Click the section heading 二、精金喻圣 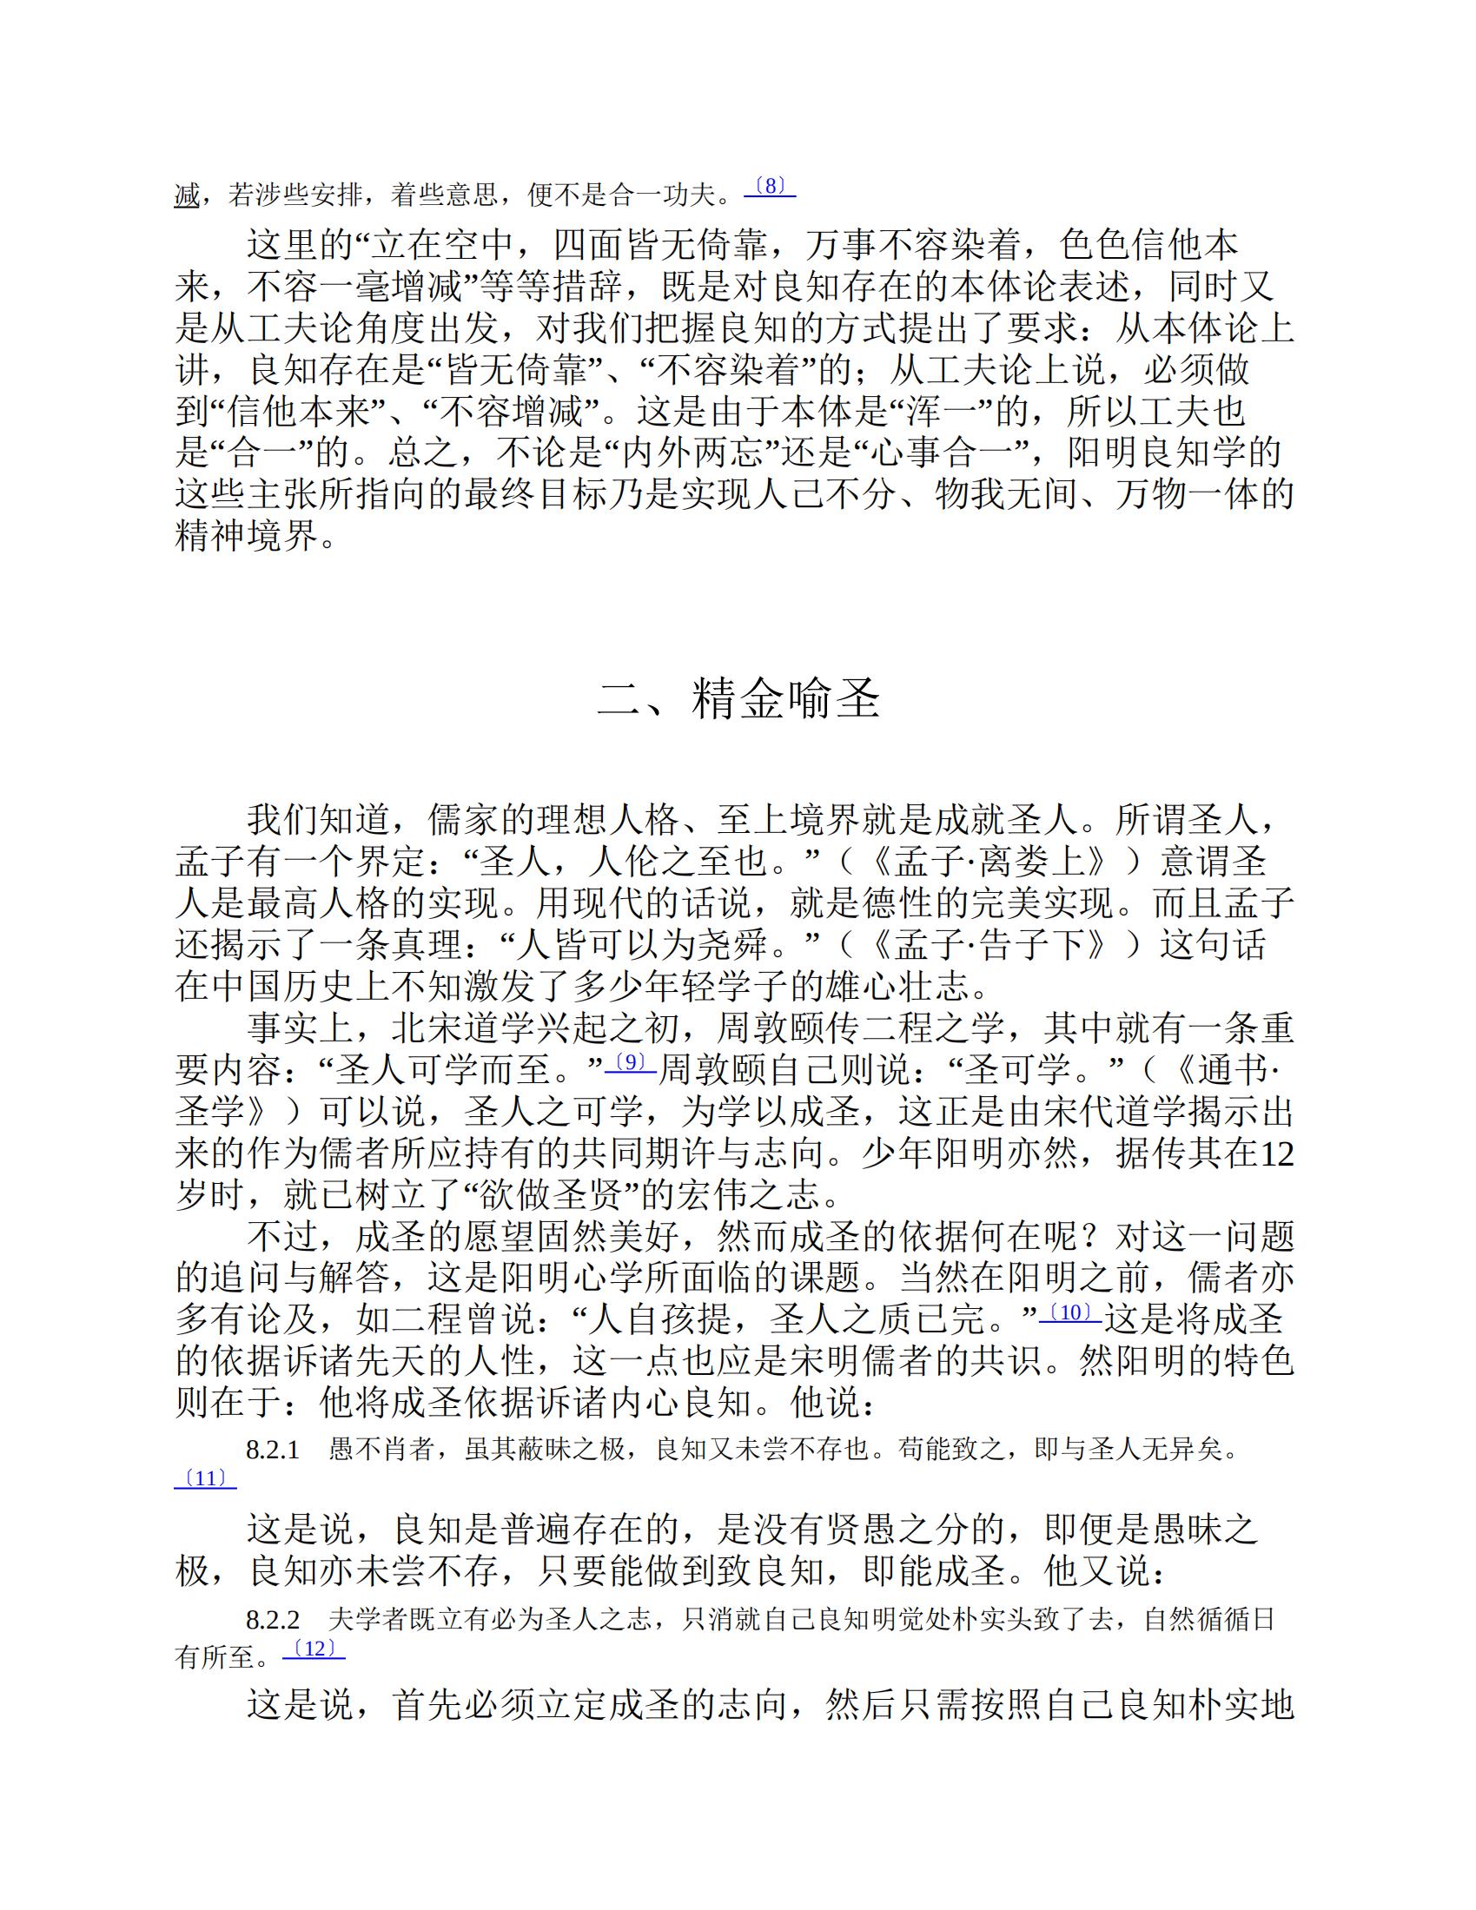tap(738, 699)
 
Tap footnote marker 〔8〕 tap(769, 186)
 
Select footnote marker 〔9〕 tap(630, 1062)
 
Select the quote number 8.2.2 tap(273, 1620)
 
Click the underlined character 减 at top tap(188, 195)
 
